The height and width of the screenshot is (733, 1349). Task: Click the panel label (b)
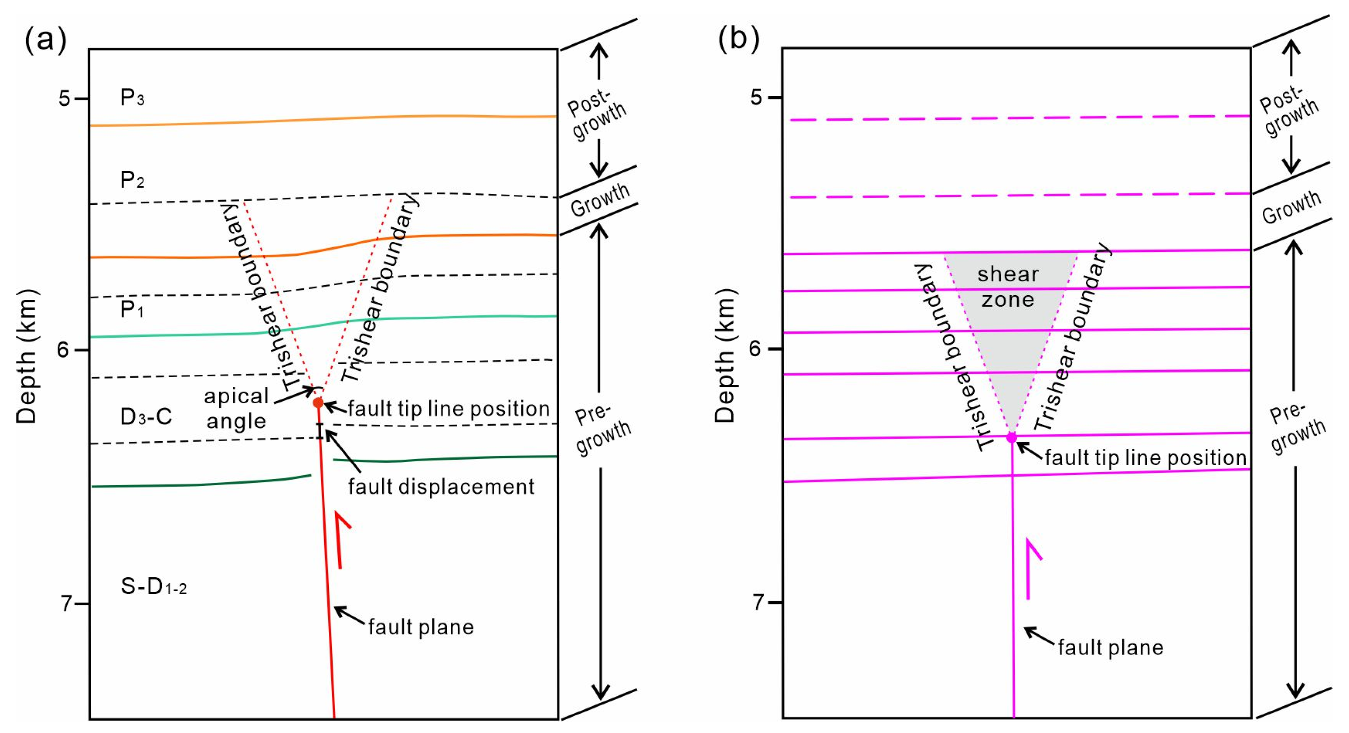point(738,39)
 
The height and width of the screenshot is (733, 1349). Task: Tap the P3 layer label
point(132,98)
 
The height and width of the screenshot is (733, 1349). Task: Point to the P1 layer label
point(132,310)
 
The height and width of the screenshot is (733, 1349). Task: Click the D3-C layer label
point(146,417)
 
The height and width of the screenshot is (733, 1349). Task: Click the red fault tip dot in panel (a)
point(318,402)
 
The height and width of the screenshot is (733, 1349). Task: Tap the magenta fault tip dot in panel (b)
point(1012,437)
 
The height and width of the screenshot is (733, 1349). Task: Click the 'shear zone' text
point(1008,287)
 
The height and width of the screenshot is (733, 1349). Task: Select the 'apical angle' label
point(236,408)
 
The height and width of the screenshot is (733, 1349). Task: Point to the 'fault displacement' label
point(441,487)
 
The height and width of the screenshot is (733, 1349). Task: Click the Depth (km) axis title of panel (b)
point(725,356)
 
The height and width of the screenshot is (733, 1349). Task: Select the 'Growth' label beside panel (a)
point(600,200)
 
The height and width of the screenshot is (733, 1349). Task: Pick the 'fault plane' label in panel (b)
point(1110,648)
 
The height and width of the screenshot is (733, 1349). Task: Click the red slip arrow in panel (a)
point(341,539)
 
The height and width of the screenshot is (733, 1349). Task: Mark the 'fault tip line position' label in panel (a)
point(449,409)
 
